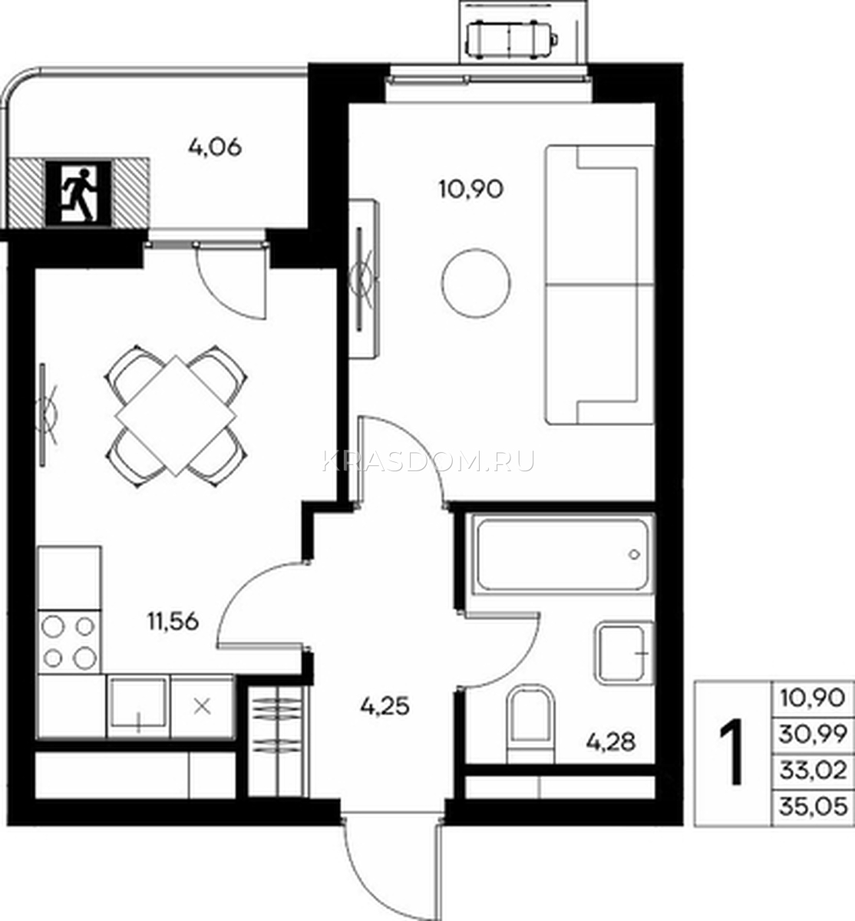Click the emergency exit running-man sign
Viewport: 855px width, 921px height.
pos(78,194)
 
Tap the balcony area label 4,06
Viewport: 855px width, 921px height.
pos(215,147)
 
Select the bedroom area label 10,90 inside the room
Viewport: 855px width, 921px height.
pos(471,190)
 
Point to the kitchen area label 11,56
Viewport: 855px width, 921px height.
pos(173,621)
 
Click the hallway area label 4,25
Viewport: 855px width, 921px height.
pos(385,706)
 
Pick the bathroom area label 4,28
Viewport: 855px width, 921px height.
pos(610,742)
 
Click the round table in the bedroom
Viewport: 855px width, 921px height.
pos(476,283)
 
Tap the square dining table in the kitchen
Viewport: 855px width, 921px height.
pos(176,415)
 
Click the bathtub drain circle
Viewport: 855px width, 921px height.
pos(634,554)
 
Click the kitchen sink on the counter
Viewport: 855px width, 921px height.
pos(138,706)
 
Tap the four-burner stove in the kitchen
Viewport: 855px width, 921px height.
pos(69,642)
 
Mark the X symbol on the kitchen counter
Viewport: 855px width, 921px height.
pos(202,707)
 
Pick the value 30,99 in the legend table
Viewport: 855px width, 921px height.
pos(813,735)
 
